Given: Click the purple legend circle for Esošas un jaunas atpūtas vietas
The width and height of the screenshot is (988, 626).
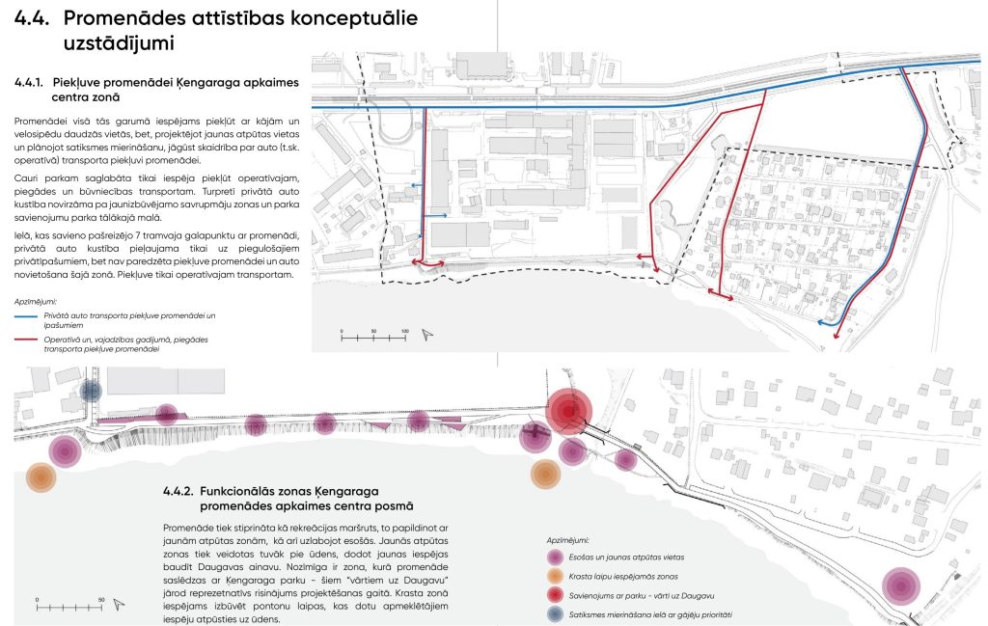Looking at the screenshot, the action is click(555, 558).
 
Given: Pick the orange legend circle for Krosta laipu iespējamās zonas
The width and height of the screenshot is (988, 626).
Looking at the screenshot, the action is click(555, 577).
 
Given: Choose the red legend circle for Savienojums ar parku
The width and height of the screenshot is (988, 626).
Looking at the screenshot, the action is click(555, 596).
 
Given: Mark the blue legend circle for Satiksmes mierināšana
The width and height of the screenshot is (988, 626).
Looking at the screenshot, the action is click(555, 614).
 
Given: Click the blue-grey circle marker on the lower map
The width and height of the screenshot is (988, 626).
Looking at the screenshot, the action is click(91, 391).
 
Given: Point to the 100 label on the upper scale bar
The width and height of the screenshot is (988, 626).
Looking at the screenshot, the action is click(404, 331).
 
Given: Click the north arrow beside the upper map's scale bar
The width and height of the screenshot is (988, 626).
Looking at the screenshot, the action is click(427, 335).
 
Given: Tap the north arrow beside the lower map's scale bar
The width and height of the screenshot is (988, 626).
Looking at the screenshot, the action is click(119, 605).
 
